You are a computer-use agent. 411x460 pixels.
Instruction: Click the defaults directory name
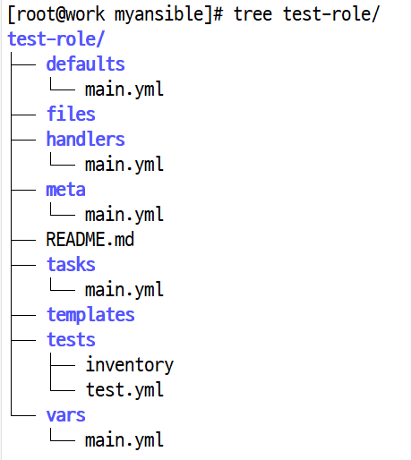pyautogui.click(x=85, y=64)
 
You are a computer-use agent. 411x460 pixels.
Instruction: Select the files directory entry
pyautogui.click(x=71, y=114)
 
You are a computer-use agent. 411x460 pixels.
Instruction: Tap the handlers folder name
pyautogui.click(x=85, y=139)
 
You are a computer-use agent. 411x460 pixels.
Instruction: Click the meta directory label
pyautogui.click(x=65, y=190)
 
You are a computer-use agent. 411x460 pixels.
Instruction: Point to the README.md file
pyautogui.click(x=90, y=239)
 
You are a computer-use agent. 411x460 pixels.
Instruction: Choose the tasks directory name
pyautogui.click(x=71, y=264)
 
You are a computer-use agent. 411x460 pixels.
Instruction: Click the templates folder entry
pyautogui.click(x=90, y=315)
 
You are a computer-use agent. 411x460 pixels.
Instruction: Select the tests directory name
pyautogui.click(x=71, y=339)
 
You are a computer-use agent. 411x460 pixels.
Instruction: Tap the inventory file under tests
pyautogui.click(x=130, y=365)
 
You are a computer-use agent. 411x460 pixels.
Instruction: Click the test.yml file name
pyautogui.click(x=124, y=389)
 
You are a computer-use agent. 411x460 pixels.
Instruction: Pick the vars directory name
pyautogui.click(x=65, y=415)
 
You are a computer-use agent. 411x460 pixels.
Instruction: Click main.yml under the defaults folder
pyautogui.click(x=124, y=89)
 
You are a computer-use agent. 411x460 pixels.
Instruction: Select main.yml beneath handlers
pyautogui.click(x=124, y=164)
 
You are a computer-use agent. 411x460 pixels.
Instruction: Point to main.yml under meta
pyautogui.click(x=124, y=214)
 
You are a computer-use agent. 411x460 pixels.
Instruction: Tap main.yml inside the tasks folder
pyautogui.click(x=124, y=289)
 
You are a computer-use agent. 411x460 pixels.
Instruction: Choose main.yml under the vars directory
pyautogui.click(x=124, y=439)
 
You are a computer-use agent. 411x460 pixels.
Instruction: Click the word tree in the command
pyautogui.click(x=253, y=14)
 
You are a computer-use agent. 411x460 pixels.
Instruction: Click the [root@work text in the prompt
pyautogui.click(x=56, y=14)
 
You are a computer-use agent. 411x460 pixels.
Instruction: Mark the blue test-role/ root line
pyautogui.click(x=56, y=38)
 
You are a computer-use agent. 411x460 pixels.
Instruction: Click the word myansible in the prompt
pyautogui.click(x=159, y=15)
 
